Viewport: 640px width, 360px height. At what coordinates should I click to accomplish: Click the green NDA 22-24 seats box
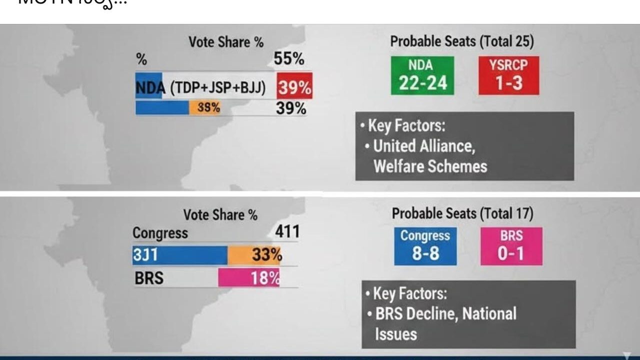[422, 75]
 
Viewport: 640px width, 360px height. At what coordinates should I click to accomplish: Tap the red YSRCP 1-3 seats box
[508, 75]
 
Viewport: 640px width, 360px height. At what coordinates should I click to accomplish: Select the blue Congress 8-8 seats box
[425, 246]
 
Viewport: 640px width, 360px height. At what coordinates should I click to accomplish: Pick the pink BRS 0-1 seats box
[511, 246]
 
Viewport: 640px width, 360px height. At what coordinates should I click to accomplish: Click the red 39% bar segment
[294, 88]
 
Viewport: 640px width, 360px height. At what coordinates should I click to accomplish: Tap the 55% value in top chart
[289, 59]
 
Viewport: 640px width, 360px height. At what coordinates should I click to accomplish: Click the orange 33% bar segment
[254, 255]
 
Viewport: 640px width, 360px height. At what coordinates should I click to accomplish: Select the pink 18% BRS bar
[248, 277]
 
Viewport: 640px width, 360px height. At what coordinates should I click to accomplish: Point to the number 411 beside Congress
[287, 231]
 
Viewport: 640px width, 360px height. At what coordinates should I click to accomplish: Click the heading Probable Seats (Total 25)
[461, 41]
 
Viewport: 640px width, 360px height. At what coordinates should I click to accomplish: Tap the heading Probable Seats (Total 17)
[462, 213]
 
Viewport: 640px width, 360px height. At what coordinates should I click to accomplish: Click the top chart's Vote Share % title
[226, 42]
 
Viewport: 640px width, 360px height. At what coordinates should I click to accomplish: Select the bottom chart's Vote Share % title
[220, 215]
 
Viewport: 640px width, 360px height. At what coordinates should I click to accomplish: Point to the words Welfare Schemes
[430, 166]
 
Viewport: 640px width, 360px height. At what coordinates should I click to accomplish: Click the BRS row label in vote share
[149, 277]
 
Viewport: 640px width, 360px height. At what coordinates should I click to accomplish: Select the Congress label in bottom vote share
[160, 233]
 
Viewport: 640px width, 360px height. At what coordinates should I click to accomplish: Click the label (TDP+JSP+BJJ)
[218, 88]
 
